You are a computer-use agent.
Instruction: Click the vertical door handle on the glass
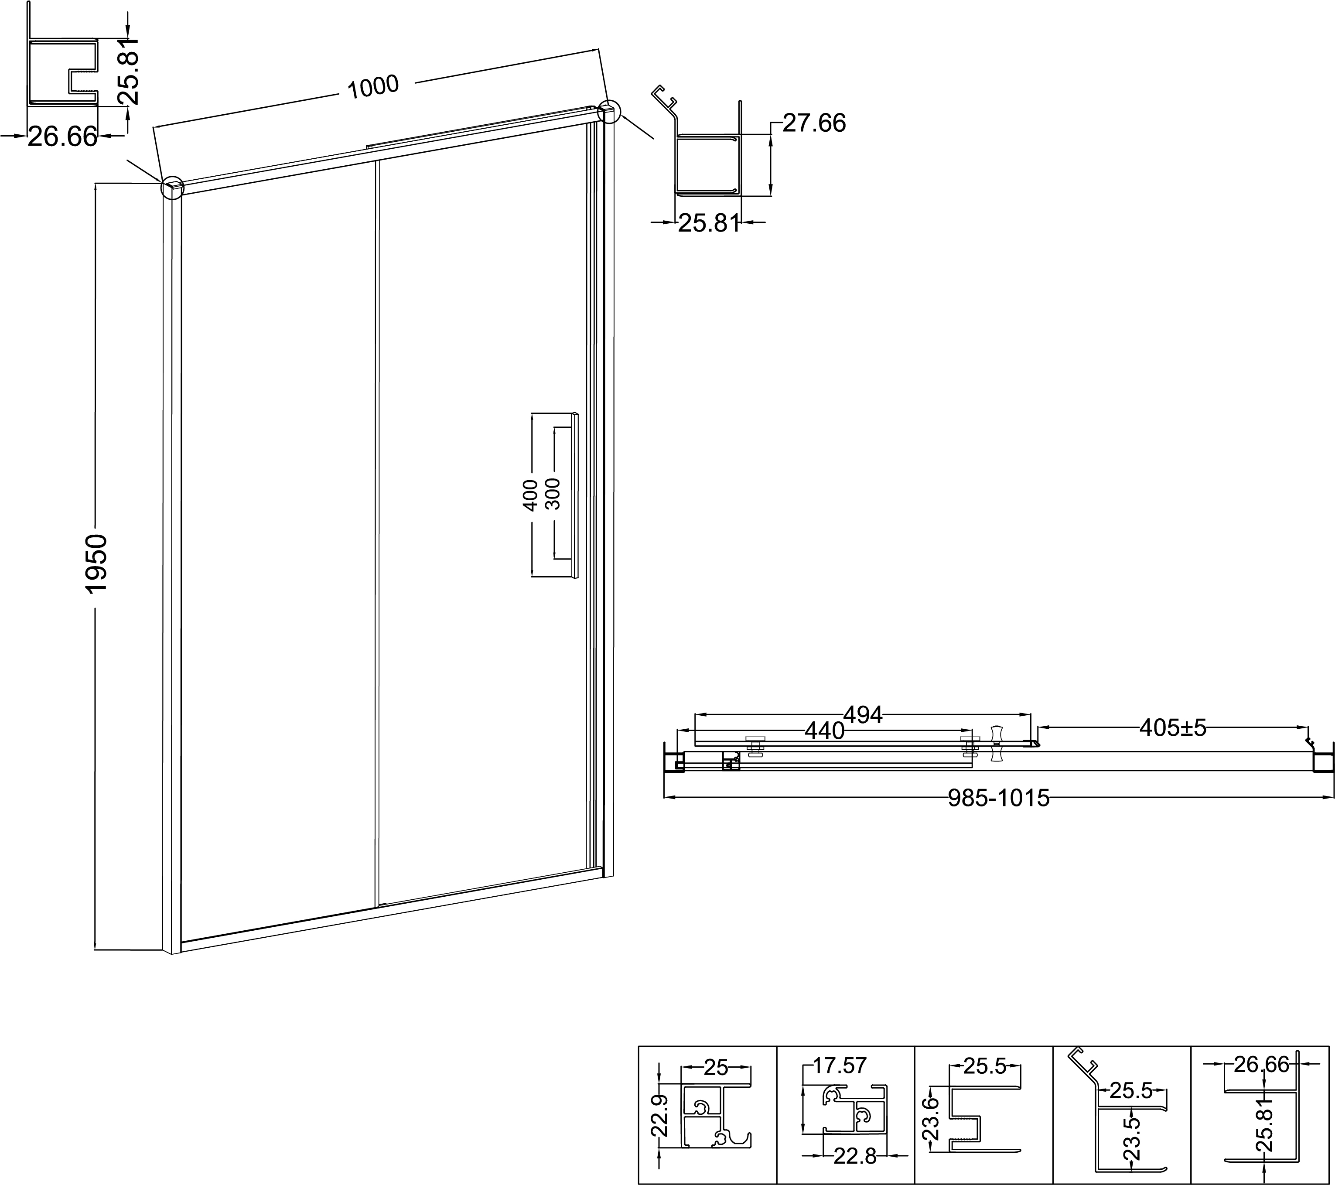575,495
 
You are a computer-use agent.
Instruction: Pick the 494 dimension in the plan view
864,715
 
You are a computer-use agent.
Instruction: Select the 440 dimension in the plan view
824,731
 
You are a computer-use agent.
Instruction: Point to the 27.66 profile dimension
814,123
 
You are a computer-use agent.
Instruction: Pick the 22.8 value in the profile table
855,1156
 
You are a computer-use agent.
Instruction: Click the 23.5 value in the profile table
1133,1139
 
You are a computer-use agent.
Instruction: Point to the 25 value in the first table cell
716,1067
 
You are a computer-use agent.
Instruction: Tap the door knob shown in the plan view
997,743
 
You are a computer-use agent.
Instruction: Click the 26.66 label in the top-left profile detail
63,137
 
